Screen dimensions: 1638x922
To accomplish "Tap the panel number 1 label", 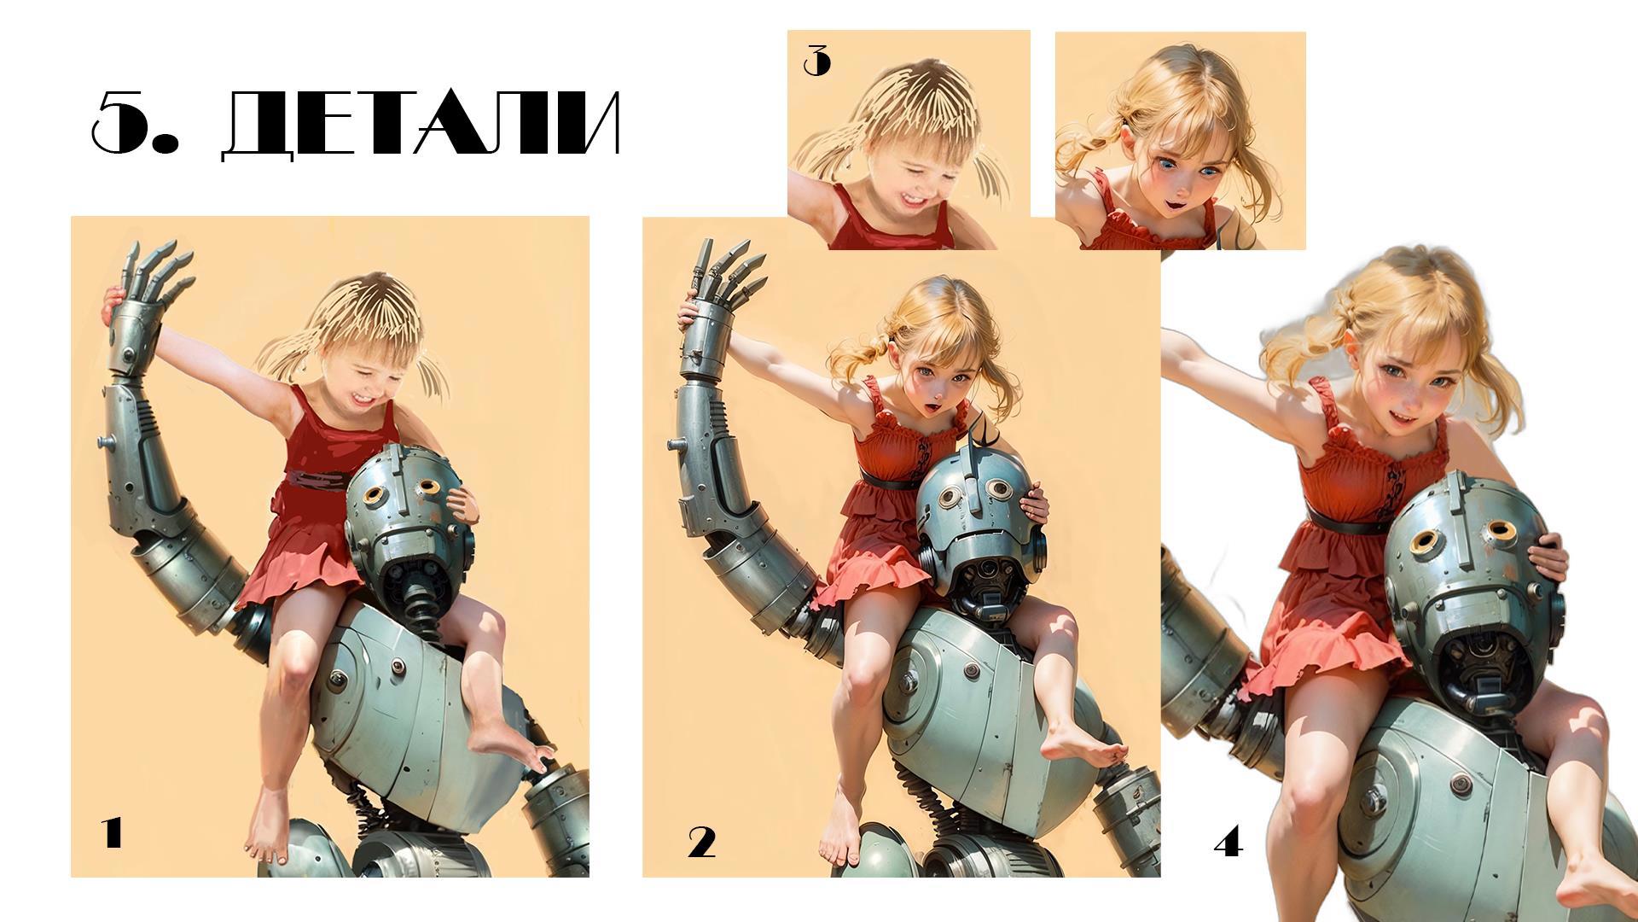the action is click(113, 832).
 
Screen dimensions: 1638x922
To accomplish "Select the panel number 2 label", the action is click(701, 843).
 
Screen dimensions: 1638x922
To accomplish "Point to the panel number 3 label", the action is click(816, 61).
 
